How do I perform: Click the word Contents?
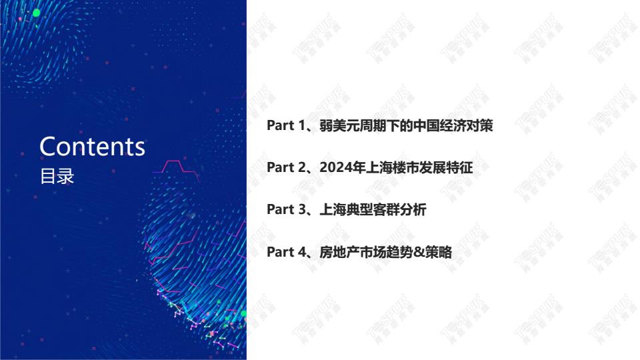pyautogui.click(x=92, y=147)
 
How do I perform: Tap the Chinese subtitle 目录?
pyautogui.click(x=57, y=176)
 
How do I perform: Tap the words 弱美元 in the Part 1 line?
pyautogui.click(x=339, y=125)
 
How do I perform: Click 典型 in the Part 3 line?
pyautogui.click(x=359, y=209)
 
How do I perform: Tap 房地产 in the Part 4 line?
pyautogui.click(x=339, y=252)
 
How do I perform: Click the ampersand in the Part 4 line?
pyautogui.click(x=419, y=252)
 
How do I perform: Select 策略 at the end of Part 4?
pyautogui.click(x=439, y=252)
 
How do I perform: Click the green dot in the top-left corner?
pyautogui.click(x=36, y=13)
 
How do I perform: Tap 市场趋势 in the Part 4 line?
pyautogui.click(x=386, y=252)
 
